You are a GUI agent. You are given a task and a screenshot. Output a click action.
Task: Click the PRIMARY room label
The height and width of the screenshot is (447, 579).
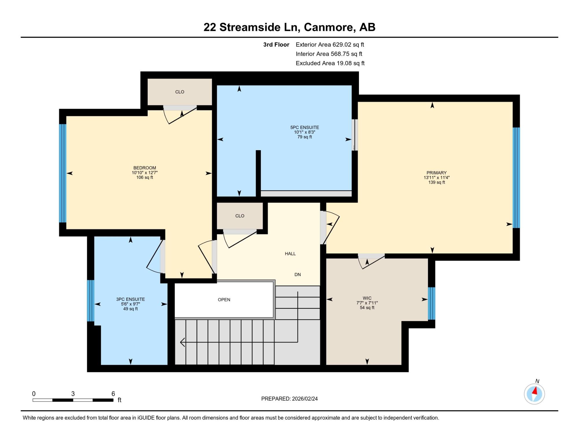pos(436,173)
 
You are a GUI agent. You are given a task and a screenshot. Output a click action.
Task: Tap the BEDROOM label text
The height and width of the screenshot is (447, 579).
pos(144,168)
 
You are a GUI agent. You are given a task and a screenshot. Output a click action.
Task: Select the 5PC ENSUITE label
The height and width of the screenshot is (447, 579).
pos(305,127)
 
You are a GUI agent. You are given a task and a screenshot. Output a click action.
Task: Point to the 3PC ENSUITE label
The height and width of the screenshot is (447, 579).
pos(131,299)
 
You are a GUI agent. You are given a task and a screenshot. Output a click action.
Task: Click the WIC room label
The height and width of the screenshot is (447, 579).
pos(367,298)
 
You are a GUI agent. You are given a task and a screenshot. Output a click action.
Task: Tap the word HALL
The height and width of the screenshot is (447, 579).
pos(290,254)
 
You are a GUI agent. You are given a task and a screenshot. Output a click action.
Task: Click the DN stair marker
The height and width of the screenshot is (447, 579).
pos(298,275)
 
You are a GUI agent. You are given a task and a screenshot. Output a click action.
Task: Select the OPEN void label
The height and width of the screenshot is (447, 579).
pos(224,300)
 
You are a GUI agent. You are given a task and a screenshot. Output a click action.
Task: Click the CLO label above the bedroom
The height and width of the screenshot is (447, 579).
pos(179,92)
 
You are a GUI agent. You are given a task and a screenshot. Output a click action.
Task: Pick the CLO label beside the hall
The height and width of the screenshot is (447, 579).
pos(240,216)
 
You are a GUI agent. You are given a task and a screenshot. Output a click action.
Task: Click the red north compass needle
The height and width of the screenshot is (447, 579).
pos(535,391)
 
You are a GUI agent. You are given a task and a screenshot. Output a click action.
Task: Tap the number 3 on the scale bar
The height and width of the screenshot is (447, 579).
pos(73,394)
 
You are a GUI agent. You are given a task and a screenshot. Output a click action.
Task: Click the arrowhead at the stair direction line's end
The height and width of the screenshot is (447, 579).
pos(182,342)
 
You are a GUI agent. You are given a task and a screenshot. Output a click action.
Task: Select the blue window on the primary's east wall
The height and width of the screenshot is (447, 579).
pos(516,178)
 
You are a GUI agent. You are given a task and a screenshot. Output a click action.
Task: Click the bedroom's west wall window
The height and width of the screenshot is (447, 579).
pos(63,173)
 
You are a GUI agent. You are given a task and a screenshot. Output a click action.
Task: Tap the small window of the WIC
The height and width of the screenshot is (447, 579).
pos(431,303)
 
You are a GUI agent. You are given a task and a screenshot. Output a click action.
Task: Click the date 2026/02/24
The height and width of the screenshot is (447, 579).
pos(305,399)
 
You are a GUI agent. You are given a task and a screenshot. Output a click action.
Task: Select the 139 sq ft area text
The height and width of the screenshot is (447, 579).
pos(437,182)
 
